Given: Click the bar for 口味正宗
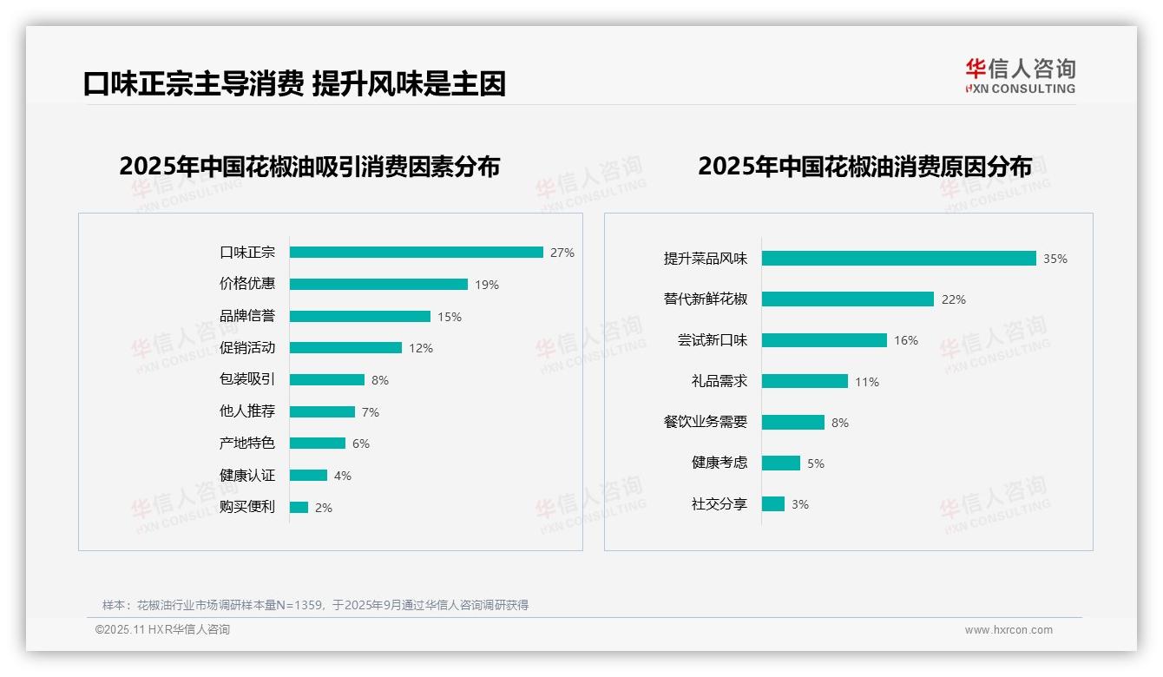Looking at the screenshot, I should (x=416, y=253).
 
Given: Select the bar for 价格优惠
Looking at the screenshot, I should (x=378, y=284).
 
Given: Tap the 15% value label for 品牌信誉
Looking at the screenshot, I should (x=450, y=317).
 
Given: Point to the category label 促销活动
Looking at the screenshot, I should (x=247, y=347).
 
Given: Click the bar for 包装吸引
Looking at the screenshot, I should (x=327, y=379).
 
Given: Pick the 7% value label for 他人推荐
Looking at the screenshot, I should (x=371, y=412).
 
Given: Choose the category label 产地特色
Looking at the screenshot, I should (x=247, y=443).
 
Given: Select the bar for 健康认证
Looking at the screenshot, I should (x=308, y=475).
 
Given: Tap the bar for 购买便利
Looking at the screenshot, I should (x=299, y=507).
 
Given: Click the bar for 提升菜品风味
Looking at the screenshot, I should (x=898, y=258).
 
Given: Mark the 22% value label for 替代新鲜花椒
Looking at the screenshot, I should (x=954, y=299).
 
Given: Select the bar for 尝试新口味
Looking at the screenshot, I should (x=824, y=340).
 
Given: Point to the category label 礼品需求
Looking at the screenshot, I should (x=719, y=381).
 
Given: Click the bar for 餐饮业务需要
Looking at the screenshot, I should (x=792, y=422).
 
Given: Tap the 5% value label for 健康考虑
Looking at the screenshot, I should (x=816, y=463).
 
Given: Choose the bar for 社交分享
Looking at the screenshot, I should (x=772, y=503).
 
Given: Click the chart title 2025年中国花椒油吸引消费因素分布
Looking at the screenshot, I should (x=310, y=166).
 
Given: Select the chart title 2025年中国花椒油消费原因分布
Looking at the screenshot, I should (x=864, y=166).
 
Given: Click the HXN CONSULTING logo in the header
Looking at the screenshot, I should (x=1020, y=76).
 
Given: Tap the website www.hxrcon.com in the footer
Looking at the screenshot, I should (x=1009, y=630).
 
